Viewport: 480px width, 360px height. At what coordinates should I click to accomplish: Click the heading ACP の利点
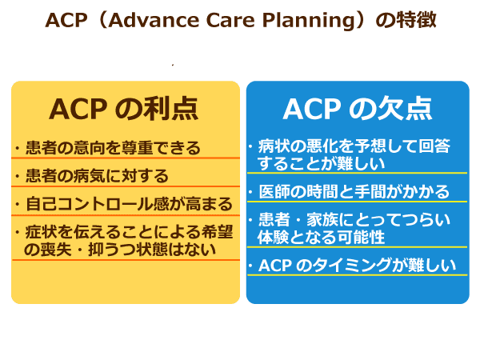click(x=124, y=108)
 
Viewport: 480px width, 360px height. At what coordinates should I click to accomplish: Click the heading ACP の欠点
click(x=357, y=108)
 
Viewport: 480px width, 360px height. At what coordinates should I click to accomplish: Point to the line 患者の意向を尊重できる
click(x=112, y=148)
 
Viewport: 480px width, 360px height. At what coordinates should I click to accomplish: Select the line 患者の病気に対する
click(x=97, y=175)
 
